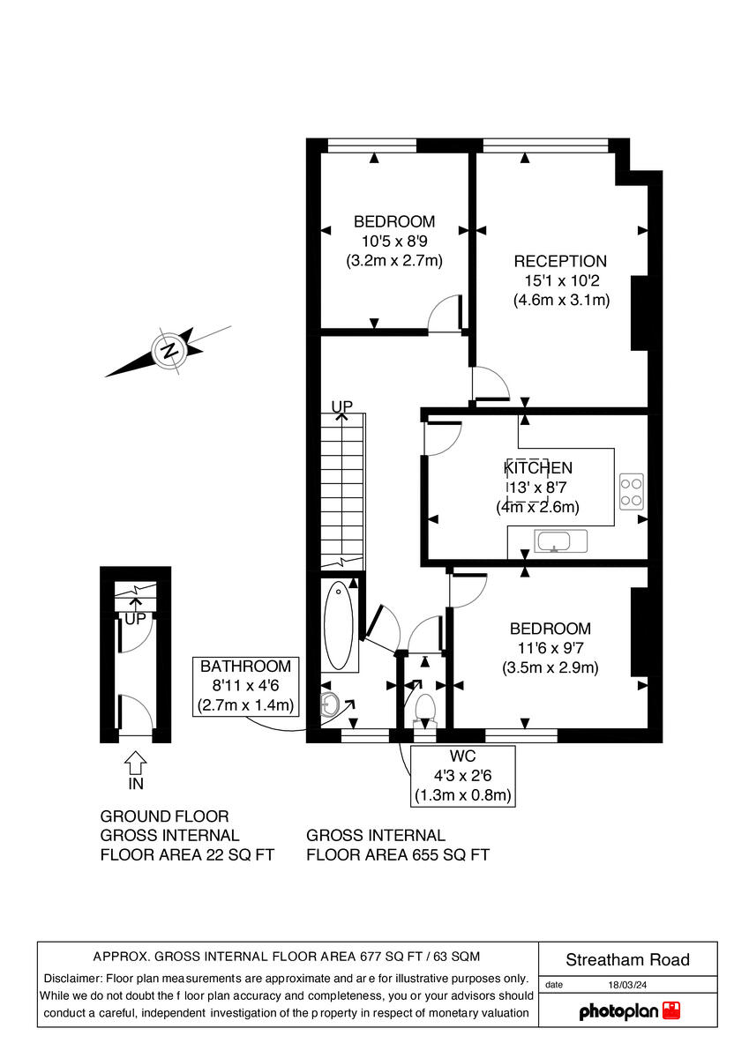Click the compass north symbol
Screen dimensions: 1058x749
tap(168, 351)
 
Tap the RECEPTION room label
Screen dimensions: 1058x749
tap(560, 261)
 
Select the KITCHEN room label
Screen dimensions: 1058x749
tap(538, 468)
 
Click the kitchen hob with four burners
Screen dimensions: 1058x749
tap(631, 491)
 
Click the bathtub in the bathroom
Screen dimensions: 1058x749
tap(338, 626)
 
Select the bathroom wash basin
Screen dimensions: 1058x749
tap(330, 703)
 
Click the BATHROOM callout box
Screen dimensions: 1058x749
tap(245, 686)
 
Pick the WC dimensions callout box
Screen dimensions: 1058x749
tap(463, 776)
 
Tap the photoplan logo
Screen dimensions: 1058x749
tap(629, 1010)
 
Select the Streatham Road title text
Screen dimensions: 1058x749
tap(627, 960)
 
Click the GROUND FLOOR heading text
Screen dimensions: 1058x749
tap(164, 816)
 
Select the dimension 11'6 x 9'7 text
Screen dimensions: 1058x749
tap(551, 648)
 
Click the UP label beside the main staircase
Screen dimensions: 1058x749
tap(341, 406)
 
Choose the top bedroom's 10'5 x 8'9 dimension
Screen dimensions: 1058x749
tap(394, 241)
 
